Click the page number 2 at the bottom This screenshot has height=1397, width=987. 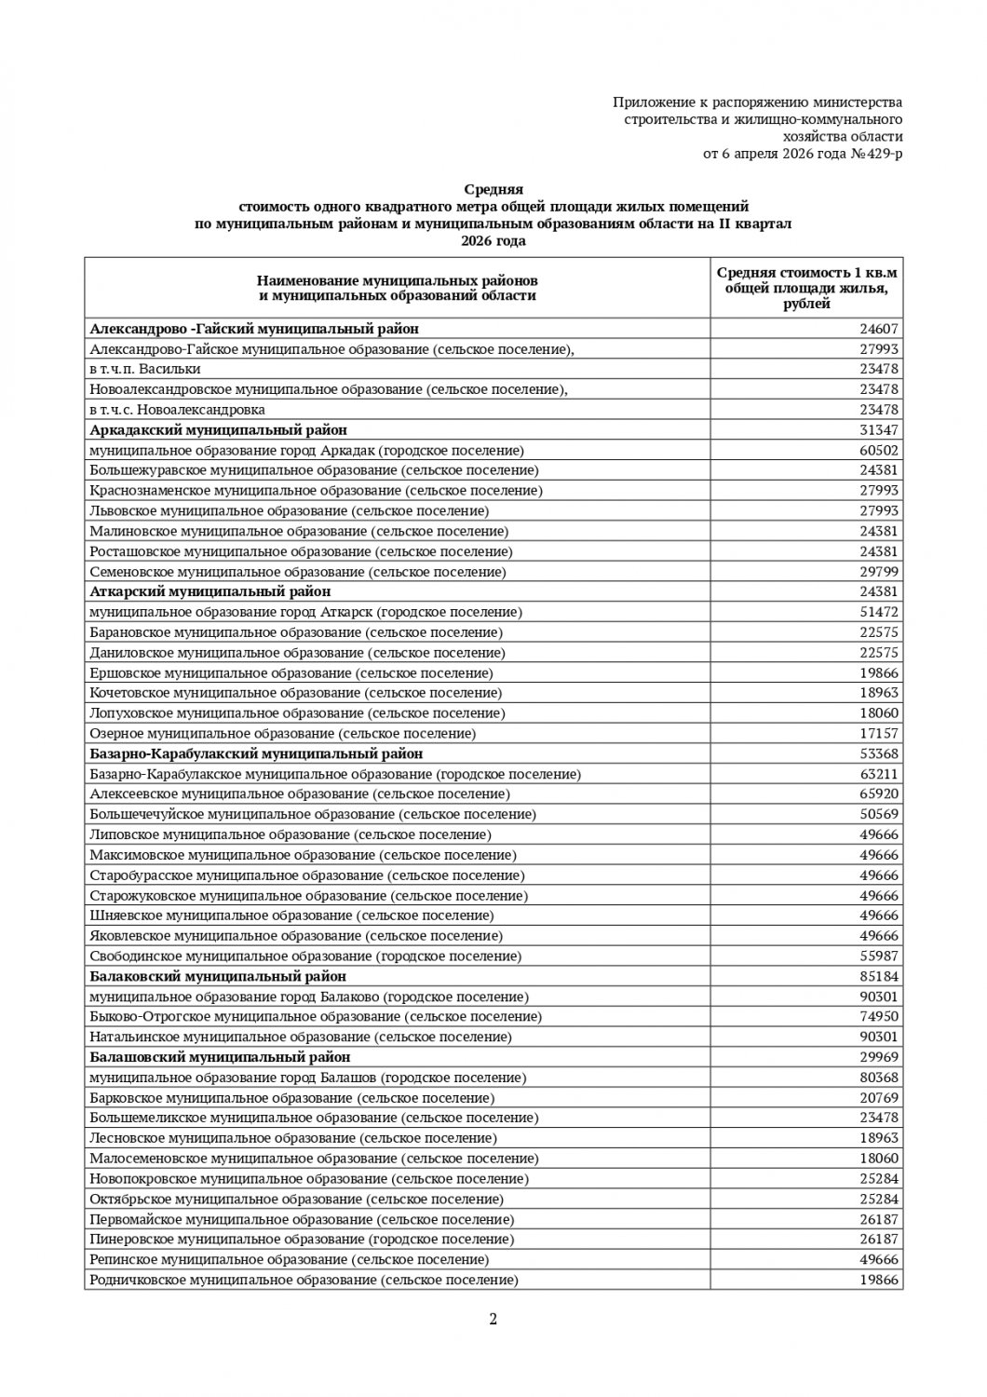tap(493, 1318)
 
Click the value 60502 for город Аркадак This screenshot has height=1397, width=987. tap(878, 450)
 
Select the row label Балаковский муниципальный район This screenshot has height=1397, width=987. tap(218, 976)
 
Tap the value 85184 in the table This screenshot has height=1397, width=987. tap(878, 976)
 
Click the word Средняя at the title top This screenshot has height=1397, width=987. tap(493, 189)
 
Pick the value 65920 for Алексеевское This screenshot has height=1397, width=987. tap(878, 794)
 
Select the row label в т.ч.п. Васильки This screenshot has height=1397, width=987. tap(145, 369)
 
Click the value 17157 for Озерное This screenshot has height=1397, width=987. tap(878, 734)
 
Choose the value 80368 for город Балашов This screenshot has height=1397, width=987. tap(878, 1078)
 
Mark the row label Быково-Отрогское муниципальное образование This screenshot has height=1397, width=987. tap(316, 1017)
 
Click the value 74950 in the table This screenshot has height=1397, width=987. tap(878, 1017)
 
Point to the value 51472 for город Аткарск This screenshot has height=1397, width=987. tap(878, 612)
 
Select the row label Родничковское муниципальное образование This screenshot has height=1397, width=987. tap(304, 1280)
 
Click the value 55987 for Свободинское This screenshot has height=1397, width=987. tap(878, 956)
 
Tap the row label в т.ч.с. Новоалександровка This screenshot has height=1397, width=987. tap(177, 410)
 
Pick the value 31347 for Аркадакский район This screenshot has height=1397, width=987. tap(878, 430)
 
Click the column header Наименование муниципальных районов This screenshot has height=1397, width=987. tap(398, 280)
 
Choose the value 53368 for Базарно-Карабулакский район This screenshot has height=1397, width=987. tap(878, 753)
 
